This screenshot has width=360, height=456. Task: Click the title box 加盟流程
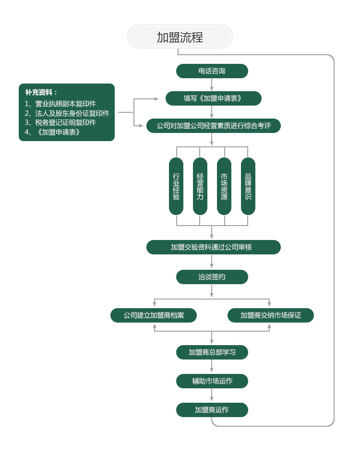(x=180, y=37)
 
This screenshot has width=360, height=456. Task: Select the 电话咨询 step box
(x=212, y=71)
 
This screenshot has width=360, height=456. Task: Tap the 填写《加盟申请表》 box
(x=213, y=98)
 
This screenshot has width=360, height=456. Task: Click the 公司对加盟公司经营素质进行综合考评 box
(x=213, y=126)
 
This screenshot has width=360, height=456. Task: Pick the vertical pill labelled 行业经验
(x=176, y=186)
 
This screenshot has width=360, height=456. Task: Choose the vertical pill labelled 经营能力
(x=200, y=186)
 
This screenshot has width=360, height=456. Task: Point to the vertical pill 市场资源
(x=224, y=186)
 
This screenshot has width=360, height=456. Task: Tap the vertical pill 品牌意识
(x=248, y=186)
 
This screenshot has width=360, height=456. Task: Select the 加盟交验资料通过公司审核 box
(x=213, y=247)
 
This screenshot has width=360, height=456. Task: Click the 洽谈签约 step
(x=212, y=277)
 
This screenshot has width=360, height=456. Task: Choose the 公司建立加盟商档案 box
(x=154, y=315)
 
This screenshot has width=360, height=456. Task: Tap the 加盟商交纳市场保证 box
(x=271, y=315)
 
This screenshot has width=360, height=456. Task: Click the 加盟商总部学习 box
(x=212, y=352)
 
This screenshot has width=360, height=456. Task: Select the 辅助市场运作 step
(x=212, y=381)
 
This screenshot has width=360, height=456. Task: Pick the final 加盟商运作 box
(x=212, y=410)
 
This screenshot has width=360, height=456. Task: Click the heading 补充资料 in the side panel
(x=41, y=92)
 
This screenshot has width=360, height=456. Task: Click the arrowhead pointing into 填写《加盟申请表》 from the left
(x=156, y=98)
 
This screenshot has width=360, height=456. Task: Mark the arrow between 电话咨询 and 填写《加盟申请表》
(x=212, y=85)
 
